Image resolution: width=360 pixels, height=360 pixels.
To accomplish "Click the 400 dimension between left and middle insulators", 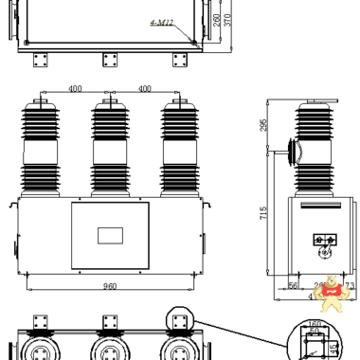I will tap(74, 88).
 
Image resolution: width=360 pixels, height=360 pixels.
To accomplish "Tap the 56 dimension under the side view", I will tap(293, 283).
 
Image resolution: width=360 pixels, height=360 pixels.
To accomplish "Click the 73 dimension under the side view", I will tap(350, 283).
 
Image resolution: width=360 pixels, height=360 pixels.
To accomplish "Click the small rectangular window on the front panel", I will tap(109, 233).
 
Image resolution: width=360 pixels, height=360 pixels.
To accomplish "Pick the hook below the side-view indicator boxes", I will tap(326, 252).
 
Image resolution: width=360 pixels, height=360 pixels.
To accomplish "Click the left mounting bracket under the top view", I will tap(41, 59).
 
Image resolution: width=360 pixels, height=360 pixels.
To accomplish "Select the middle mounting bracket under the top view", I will tap(110, 59).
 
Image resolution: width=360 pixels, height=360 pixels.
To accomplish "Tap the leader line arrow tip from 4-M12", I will tap(195, 41).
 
